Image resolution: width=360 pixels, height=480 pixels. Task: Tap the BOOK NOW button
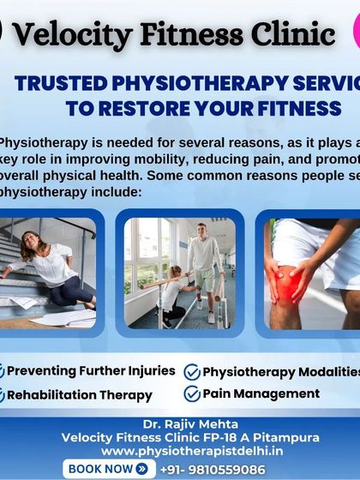[110, 469]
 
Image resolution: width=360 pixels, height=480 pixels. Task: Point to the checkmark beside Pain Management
[192, 395]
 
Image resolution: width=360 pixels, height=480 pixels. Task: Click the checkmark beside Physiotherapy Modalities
[192, 373]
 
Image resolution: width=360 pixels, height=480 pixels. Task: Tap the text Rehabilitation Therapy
[80, 395]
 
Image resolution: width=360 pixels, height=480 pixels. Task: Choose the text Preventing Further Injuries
[91, 372]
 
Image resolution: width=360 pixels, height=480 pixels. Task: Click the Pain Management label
[261, 394]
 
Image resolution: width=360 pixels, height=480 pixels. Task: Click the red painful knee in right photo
[285, 283]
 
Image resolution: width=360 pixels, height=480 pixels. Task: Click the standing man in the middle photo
[205, 266]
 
